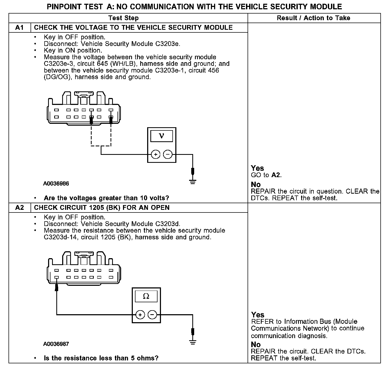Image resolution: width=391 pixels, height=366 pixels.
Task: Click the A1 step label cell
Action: click(x=20, y=28)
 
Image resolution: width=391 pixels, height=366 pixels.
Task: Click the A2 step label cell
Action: click(x=20, y=208)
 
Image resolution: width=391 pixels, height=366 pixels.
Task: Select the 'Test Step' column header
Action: click(x=124, y=18)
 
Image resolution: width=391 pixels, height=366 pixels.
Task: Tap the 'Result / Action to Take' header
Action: click(x=313, y=18)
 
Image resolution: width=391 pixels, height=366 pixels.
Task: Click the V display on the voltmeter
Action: click(x=161, y=136)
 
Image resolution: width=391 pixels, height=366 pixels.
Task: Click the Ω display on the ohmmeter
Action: click(x=146, y=296)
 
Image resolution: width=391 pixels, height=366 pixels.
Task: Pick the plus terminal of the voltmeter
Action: click(x=156, y=154)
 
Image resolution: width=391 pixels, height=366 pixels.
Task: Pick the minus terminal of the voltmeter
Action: click(x=168, y=154)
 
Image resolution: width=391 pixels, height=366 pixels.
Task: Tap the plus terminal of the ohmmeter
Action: click(x=140, y=315)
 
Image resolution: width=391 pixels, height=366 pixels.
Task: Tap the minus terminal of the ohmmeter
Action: click(x=152, y=315)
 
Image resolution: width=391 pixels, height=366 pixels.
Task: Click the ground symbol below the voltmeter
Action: click(x=193, y=182)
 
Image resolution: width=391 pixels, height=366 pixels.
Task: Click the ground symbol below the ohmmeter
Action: click(x=193, y=342)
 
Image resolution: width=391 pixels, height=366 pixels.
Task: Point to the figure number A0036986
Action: click(x=56, y=184)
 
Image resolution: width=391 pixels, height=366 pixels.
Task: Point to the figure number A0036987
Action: click(x=56, y=344)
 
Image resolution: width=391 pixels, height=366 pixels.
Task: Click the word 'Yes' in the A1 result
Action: click(x=257, y=168)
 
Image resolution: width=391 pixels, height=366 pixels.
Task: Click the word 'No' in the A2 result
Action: click(x=256, y=344)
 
